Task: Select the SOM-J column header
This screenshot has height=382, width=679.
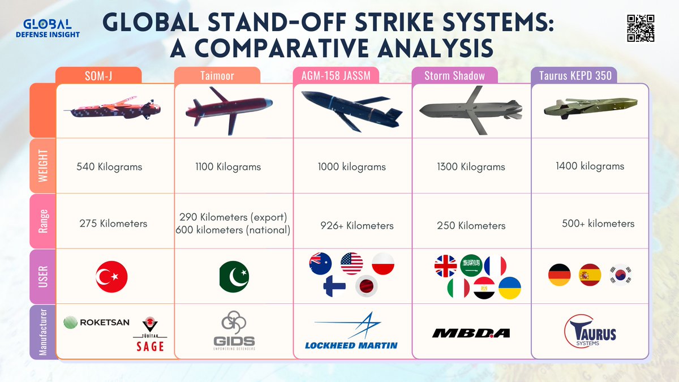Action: (98, 76)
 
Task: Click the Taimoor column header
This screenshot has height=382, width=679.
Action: (217, 76)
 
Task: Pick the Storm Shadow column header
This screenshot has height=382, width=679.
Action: (454, 76)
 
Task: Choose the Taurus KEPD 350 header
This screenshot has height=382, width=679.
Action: (571, 76)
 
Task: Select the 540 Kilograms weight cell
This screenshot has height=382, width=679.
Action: (109, 167)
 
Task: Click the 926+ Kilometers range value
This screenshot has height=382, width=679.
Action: (356, 225)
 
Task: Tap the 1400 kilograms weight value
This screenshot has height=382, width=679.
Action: (590, 166)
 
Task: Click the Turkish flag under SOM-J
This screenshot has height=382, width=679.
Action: (112, 277)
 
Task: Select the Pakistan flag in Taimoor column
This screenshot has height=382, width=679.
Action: (234, 277)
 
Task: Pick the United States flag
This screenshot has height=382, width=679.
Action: (351, 264)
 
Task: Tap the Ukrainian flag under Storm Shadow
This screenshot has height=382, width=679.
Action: (509, 287)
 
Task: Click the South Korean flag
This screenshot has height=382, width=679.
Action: (620, 276)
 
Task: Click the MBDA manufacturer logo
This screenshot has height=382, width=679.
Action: (470, 333)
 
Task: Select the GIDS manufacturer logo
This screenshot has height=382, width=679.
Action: (234, 332)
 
